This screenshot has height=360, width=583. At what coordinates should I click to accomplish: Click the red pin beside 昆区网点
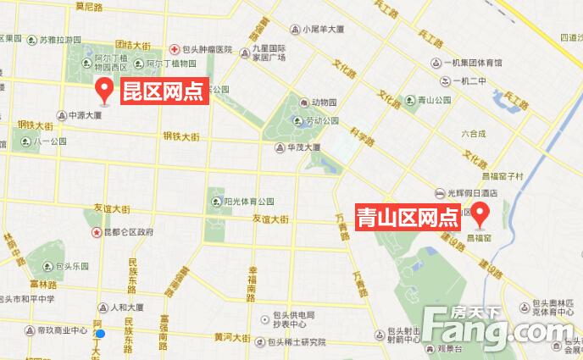tap(105, 88)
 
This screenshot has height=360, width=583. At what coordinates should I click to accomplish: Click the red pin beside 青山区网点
tap(483, 215)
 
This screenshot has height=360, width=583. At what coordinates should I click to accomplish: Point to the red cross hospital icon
tap(174, 50)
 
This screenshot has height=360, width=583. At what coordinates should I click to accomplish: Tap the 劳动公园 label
tap(322, 120)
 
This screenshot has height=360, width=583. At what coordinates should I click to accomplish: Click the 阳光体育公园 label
tap(248, 202)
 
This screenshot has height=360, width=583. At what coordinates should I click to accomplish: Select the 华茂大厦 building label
tap(303, 147)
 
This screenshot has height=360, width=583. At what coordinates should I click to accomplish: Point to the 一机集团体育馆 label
tap(471, 63)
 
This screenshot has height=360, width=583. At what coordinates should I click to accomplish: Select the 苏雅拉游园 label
tap(59, 40)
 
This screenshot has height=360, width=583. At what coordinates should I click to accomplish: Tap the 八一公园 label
tap(50, 141)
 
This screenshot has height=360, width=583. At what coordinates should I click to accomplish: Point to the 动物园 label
tap(324, 100)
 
